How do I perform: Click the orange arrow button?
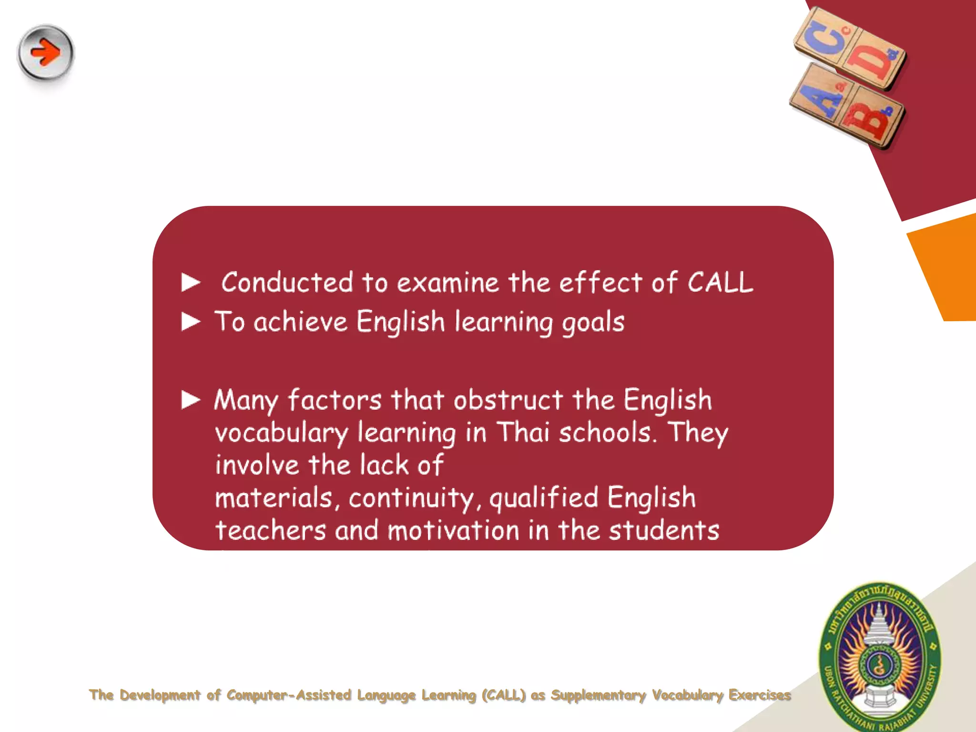(46, 52)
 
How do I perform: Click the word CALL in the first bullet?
(720, 283)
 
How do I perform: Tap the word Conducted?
(287, 282)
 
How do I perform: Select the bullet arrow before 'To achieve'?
(191, 322)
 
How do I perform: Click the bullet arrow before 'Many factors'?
(191, 400)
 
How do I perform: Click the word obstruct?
(508, 400)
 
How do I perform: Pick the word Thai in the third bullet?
(523, 433)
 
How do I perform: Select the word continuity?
(411, 498)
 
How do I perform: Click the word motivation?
(453, 530)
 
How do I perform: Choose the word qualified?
(544, 498)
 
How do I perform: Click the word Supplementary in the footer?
(599, 695)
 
